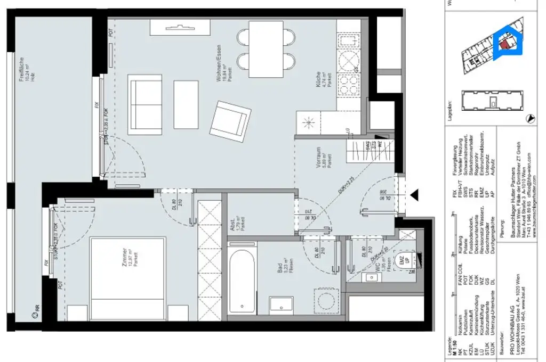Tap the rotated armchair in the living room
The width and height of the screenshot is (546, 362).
pyautogui.click(x=230, y=118)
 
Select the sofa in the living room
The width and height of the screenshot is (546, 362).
pyautogui.click(x=144, y=101)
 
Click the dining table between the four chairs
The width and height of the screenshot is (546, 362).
pyautogui.click(x=266, y=45)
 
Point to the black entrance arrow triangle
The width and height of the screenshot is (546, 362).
pyautogui.click(x=413, y=195)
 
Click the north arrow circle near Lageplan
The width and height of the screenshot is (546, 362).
pyautogui.click(x=529, y=119)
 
